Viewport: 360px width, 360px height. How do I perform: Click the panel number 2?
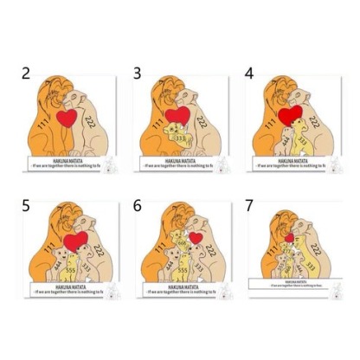coord(27,74)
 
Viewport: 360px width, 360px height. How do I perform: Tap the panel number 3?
coord(138,74)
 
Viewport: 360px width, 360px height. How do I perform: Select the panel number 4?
coord(249,74)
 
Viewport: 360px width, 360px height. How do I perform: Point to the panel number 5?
coord(27,205)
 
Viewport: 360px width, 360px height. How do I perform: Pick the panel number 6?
coord(138,205)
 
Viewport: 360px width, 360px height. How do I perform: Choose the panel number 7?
coord(249,205)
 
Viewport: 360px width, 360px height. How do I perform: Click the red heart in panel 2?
coord(68,118)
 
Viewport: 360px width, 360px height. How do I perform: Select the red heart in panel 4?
coord(291,113)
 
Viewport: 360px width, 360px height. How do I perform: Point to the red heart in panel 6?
coord(196,237)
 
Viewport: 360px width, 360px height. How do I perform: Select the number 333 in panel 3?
coord(181,136)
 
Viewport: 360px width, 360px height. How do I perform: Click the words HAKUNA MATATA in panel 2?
coord(68,158)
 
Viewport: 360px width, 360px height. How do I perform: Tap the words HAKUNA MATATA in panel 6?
coord(179,288)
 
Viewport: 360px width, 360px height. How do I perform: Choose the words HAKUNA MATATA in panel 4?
coord(290,158)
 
